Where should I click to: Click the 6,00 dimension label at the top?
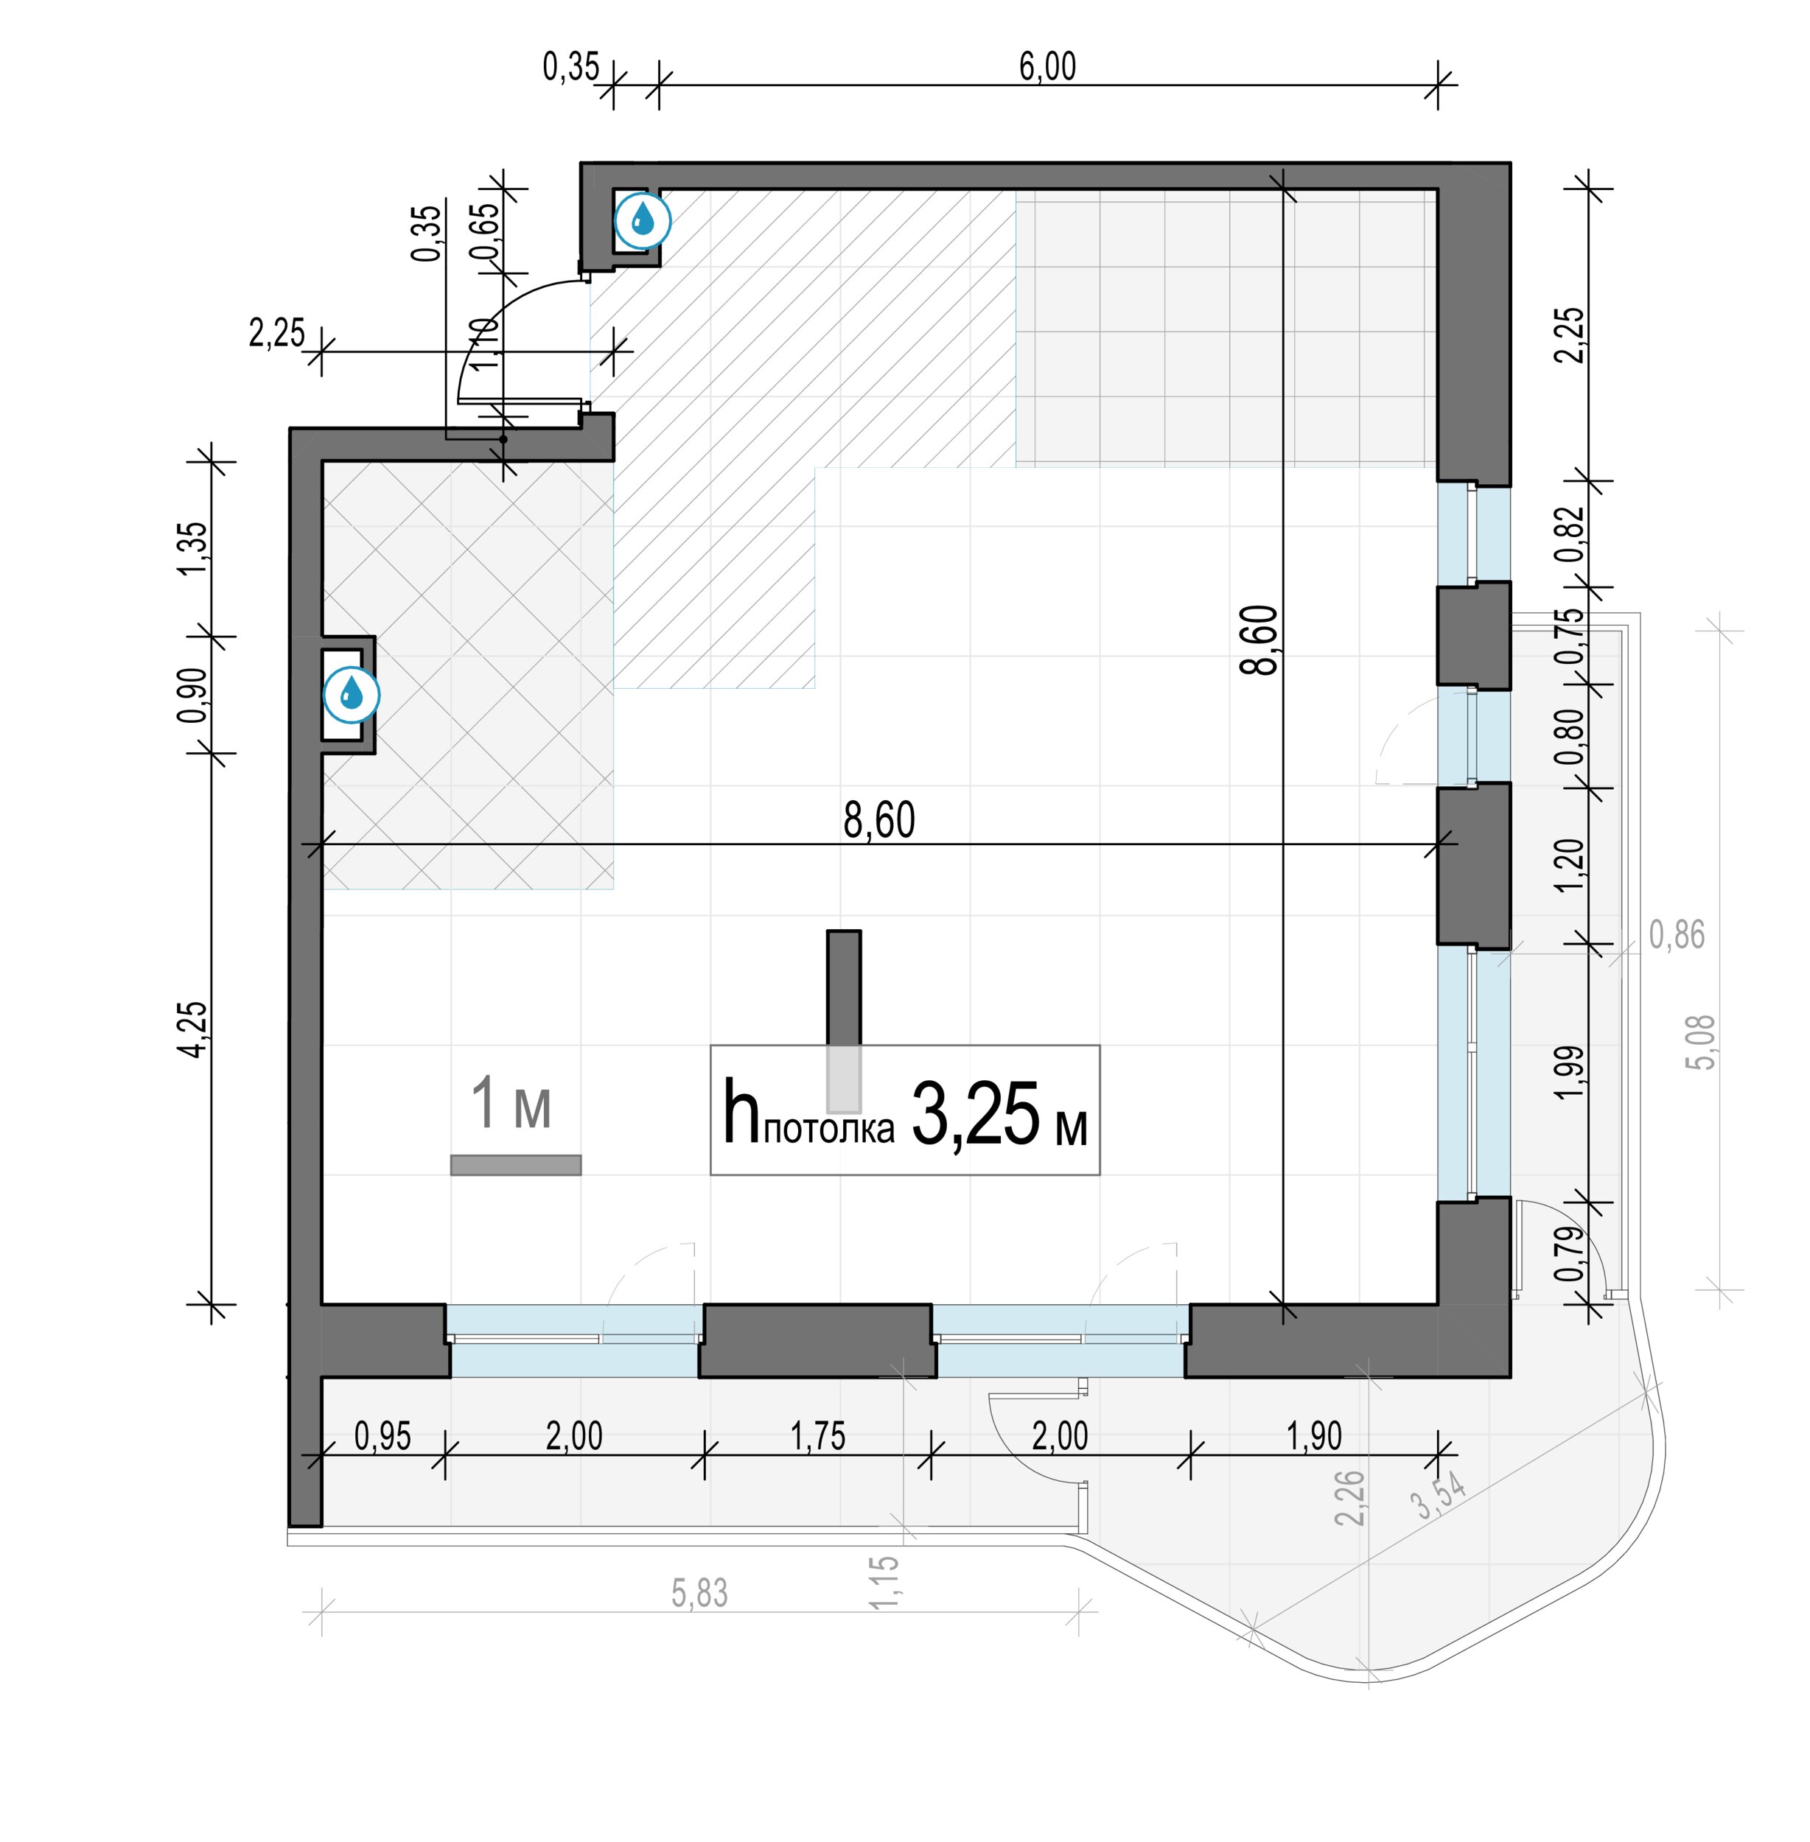click(1047, 66)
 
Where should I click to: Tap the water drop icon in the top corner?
click(643, 220)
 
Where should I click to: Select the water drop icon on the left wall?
click(352, 695)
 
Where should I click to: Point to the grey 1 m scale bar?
click(515, 1166)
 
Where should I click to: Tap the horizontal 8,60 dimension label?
click(879, 820)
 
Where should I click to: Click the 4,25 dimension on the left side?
click(193, 1029)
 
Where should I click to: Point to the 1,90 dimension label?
click(1315, 1436)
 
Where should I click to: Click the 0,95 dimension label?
click(383, 1436)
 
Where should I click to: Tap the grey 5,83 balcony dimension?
click(699, 1593)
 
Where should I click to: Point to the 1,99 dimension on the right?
click(1570, 1072)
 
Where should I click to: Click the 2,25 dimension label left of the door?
click(276, 332)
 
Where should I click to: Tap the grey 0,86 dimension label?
click(1677, 935)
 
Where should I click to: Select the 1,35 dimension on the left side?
click(193, 547)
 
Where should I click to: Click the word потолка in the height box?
click(829, 1128)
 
